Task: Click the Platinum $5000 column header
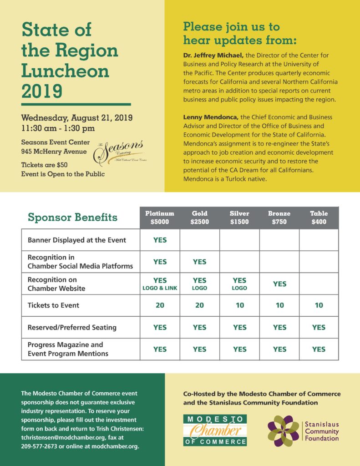(160, 218)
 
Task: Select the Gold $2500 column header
(199, 218)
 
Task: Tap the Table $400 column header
(319, 218)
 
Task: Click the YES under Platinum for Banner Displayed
(160, 240)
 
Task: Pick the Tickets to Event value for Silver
(239, 305)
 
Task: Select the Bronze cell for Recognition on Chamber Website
(279, 284)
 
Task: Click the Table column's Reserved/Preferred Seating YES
(319, 327)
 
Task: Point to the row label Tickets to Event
(53, 305)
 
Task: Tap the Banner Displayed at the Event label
(77, 240)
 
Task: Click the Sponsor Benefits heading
(72, 218)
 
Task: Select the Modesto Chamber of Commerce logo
(215, 430)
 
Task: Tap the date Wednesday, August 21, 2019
(77, 118)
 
